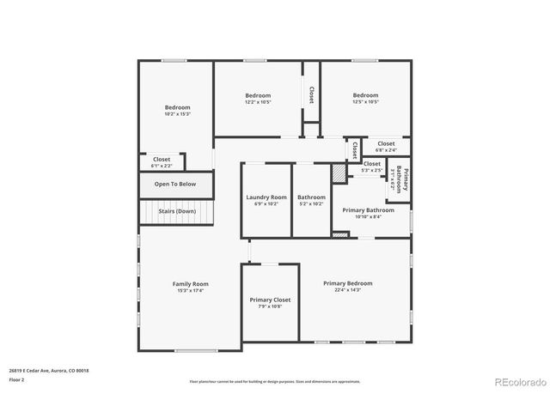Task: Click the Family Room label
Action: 190,284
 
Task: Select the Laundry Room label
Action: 266,197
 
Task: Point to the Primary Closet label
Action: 270,300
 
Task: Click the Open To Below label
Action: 175,184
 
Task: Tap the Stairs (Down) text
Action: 176,211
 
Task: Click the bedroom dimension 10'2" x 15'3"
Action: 177,114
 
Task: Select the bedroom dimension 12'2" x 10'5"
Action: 258,102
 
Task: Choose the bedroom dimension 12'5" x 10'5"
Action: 365,102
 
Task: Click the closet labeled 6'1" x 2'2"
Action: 162,166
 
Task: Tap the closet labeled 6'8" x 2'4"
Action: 386,150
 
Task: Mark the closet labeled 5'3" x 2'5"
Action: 371,170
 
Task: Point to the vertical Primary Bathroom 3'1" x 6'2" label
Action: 399,179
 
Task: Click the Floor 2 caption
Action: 17,379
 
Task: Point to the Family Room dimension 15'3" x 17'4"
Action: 190,291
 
